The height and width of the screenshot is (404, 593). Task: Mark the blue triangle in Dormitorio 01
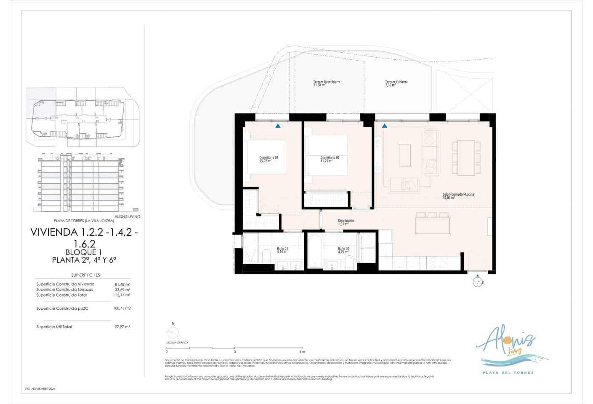point(278,126)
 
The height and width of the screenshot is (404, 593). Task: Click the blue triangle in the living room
point(384,126)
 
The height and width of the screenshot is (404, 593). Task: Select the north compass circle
point(173,333)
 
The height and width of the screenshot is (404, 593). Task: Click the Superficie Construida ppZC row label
point(62,308)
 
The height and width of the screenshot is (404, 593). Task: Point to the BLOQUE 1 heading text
point(84,252)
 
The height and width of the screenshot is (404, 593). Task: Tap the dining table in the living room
point(466,158)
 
